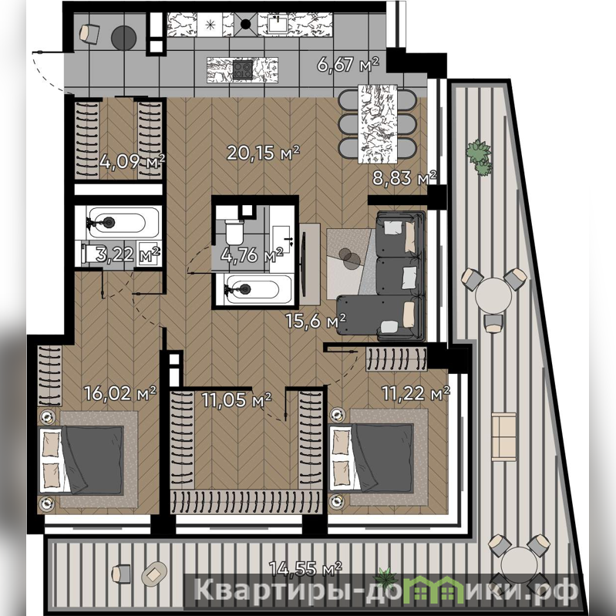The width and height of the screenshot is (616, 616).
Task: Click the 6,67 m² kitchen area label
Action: [348, 65]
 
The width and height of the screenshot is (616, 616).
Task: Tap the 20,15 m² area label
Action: [263, 153]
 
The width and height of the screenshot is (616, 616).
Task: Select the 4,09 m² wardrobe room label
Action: [132, 161]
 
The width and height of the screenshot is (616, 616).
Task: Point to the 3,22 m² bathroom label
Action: [128, 254]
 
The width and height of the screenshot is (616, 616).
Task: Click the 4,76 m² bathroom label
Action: [252, 255]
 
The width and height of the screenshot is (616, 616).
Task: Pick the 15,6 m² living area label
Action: [316, 321]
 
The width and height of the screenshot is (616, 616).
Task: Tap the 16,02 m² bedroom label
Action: [120, 393]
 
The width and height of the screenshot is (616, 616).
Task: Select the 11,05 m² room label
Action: [237, 400]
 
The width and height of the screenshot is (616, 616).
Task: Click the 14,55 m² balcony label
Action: [305, 568]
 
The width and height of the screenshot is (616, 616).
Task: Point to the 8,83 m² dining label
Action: [404, 178]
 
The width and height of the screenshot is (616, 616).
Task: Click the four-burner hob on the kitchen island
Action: [242, 70]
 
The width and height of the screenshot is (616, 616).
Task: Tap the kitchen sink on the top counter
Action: [279, 24]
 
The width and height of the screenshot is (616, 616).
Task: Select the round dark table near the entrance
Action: [124, 38]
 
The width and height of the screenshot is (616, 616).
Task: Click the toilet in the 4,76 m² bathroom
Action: [235, 232]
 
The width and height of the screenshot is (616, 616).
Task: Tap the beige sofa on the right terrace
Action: [503, 436]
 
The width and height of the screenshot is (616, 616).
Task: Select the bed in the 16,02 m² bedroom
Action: [82, 459]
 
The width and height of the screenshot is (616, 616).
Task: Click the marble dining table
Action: [378, 124]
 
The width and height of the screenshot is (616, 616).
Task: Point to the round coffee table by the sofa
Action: [349, 258]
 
